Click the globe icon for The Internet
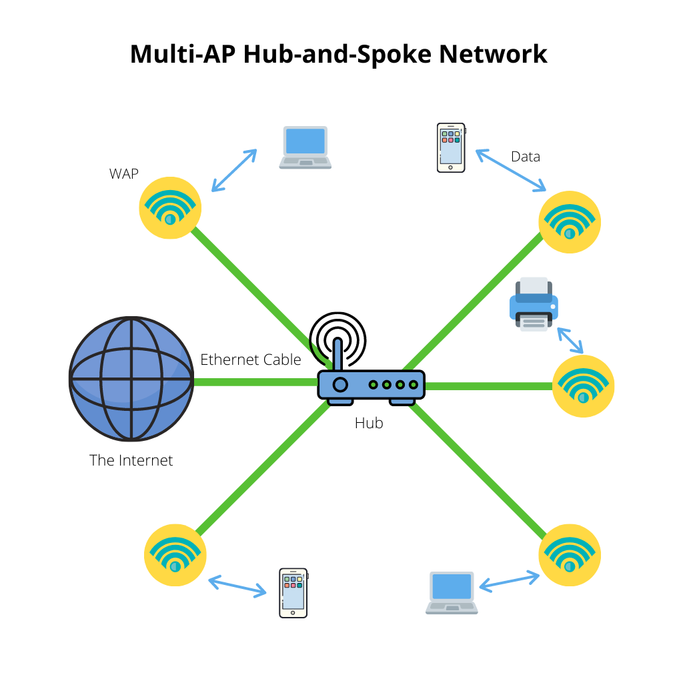tap(131, 380)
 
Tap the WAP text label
tap(124, 174)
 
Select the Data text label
tap(526, 157)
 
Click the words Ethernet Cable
tap(251, 360)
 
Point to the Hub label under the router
tap(369, 423)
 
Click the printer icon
tap(534, 303)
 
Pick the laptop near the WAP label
tap(305, 147)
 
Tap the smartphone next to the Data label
tap(451, 147)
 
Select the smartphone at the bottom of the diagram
tap(293, 592)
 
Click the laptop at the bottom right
tap(452, 592)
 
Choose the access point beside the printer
tap(583, 386)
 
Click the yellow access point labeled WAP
tap(170, 207)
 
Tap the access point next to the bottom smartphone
tap(175, 556)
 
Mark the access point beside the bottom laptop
tap(570, 555)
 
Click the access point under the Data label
tap(570, 222)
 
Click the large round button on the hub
tap(340, 384)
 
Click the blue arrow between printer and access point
tap(570, 340)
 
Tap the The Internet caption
tap(131, 460)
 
